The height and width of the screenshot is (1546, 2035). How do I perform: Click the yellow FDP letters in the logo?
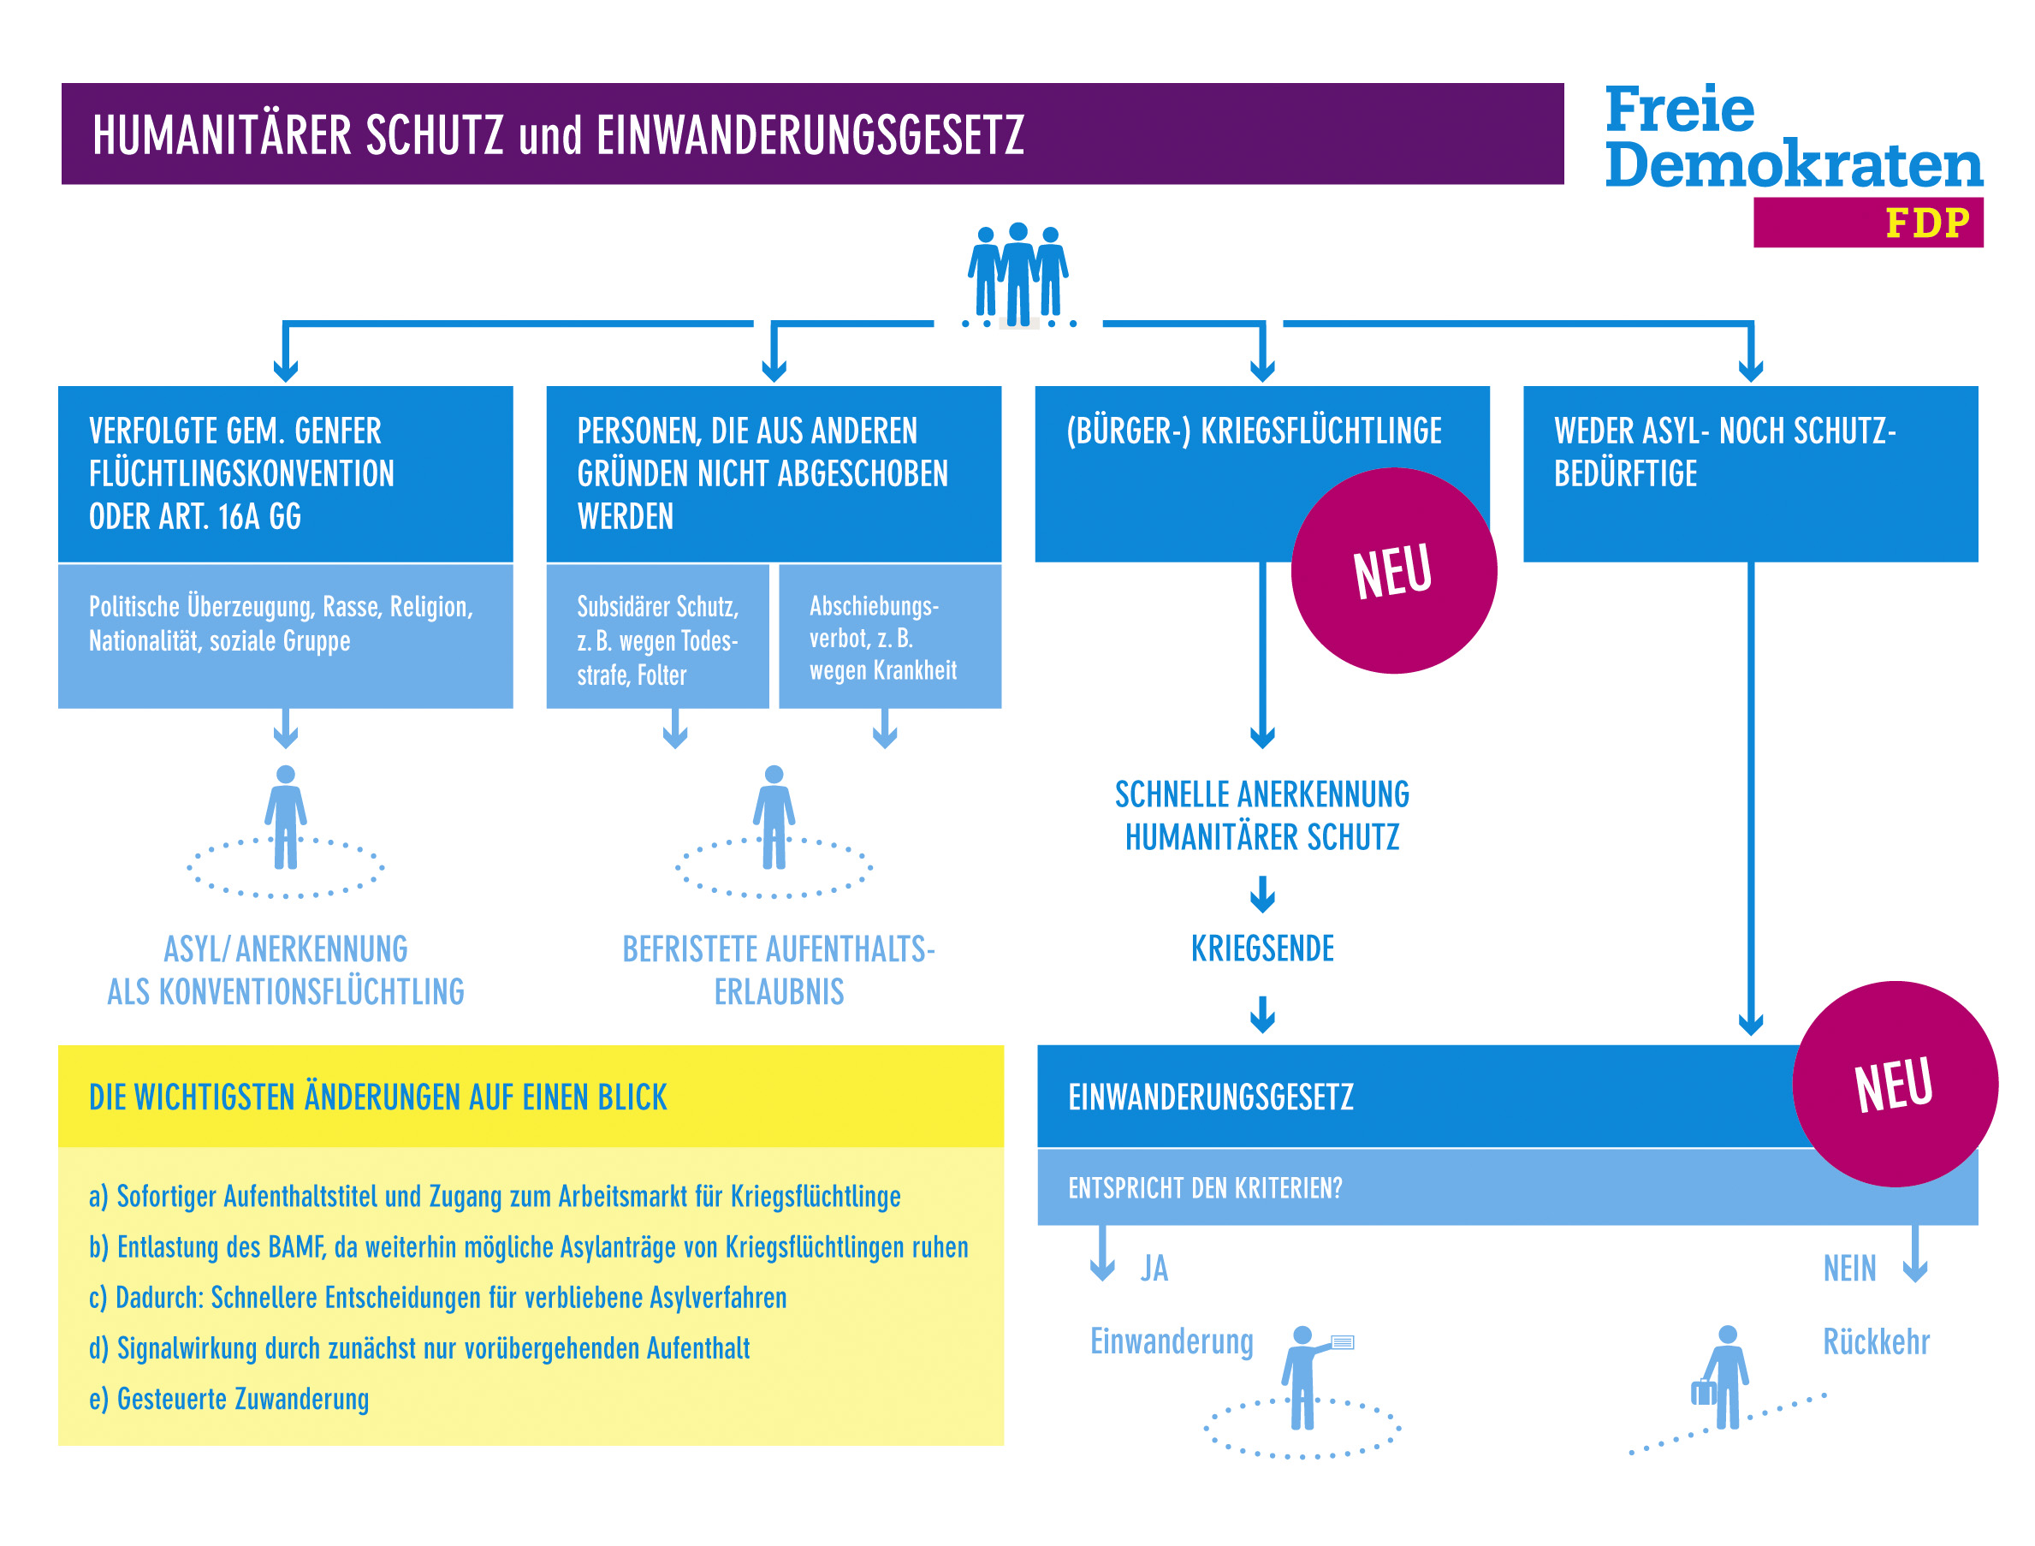[x=1927, y=223]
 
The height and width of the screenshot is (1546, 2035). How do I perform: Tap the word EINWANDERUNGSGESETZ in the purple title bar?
[x=810, y=135]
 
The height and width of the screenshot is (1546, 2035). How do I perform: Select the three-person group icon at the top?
[x=1017, y=274]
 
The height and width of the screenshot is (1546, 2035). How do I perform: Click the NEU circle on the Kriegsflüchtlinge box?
[x=1394, y=570]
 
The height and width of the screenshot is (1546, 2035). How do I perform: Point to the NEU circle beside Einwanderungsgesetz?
[x=1896, y=1084]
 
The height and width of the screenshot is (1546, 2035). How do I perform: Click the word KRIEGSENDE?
[x=1262, y=948]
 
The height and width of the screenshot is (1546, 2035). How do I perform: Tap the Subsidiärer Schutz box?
[x=657, y=637]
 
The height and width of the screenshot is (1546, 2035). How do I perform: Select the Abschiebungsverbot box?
[x=890, y=637]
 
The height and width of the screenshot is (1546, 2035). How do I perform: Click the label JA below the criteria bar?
[x=1154, y=1268]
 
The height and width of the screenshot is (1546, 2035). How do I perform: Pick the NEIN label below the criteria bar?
[x=1849, y=1268]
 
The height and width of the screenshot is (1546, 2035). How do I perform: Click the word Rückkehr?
[x=1876, y=1341]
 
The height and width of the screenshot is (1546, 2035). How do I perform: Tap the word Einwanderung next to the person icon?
[x=1172, y=1341]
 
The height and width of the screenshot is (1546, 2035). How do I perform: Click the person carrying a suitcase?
[x=1720, y=1377]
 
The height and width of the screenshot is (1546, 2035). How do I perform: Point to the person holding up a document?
[x=1311, y=1377]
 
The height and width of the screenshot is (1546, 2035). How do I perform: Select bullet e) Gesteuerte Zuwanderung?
[x=229, y=1399]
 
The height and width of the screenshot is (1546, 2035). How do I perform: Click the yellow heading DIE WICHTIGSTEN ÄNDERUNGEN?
[x=378, y=1097]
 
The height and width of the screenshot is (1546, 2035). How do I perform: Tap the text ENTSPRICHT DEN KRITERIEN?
[x=1205, y=1188]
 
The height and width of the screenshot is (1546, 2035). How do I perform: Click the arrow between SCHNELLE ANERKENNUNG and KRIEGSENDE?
[x=1262, y=894]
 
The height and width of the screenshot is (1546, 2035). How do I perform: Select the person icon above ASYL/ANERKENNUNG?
[x=286, y=818]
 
